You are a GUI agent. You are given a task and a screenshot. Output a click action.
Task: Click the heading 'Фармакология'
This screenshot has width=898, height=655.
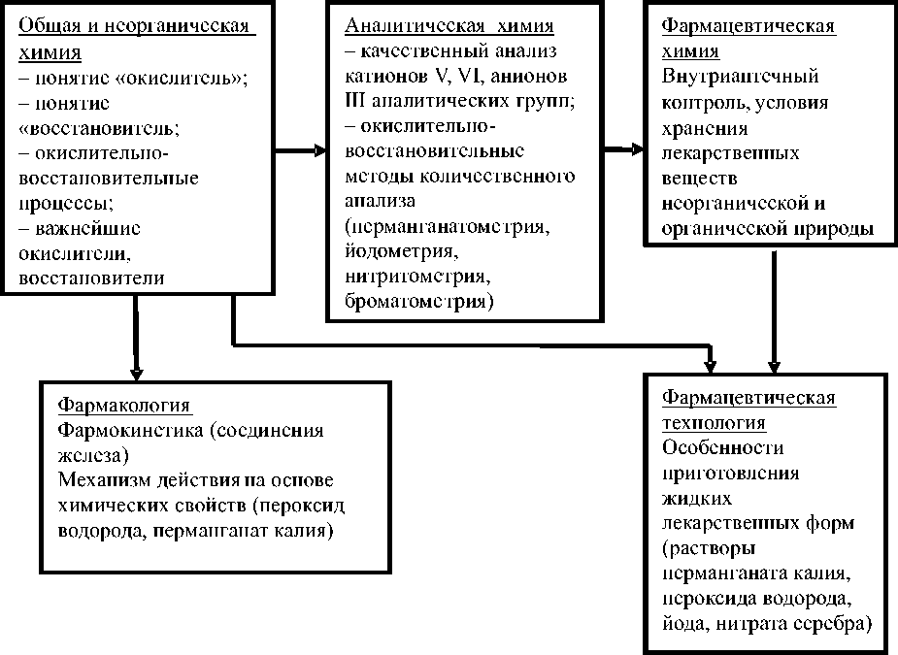pos(123,404)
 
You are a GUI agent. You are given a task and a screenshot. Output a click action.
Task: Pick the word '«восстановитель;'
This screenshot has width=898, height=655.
pos(89,127)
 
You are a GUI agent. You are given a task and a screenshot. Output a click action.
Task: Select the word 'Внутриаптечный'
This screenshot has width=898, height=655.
pos(740,77)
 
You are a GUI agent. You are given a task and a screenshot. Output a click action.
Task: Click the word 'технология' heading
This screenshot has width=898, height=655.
pos(714,423)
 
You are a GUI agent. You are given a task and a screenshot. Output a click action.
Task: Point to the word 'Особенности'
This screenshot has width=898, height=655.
pos(722,448)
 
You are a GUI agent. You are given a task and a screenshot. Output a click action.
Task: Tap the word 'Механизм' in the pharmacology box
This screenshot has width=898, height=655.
pos(104,481)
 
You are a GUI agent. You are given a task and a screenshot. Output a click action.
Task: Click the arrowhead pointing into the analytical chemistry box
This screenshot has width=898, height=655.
pos(319,150)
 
